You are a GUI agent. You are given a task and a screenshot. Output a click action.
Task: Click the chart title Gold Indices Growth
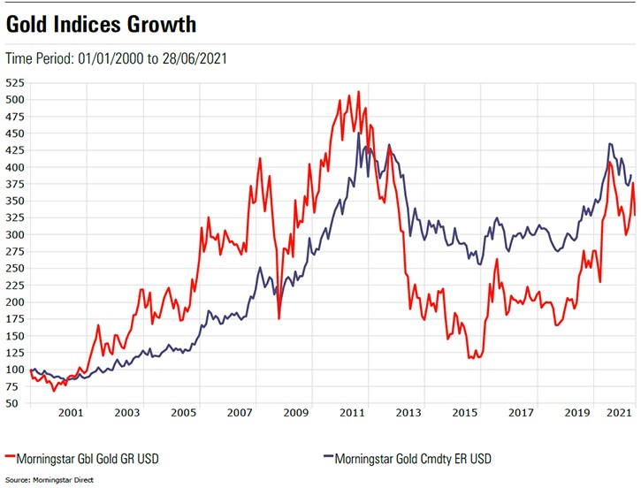(x=102, y=23)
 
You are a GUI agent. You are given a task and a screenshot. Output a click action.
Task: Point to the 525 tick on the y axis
(x=15, y=83)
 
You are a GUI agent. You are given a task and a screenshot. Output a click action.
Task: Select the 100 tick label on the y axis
(x=15, y=370)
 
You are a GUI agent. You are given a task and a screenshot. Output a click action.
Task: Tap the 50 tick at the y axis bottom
(x=18, y=403)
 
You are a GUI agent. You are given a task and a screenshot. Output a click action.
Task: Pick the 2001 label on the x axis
(x=71, y=413)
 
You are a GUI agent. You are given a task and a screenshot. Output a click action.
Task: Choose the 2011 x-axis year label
(x=354, y=413)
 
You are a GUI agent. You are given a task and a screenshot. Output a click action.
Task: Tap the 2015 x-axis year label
(x=467, y=413)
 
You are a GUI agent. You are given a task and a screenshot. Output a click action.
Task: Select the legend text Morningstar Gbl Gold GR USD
(x=89, y=458)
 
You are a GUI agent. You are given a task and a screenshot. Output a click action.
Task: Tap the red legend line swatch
(x=11, y=458)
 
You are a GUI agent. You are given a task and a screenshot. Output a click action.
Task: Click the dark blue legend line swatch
(x=325, y=458)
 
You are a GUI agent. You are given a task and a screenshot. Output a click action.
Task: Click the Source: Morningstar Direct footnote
(x=49, y=480)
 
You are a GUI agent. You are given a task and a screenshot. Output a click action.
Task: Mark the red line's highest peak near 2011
(x=358, y=91)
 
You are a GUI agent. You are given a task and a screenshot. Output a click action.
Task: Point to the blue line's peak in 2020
(x=609, y=143)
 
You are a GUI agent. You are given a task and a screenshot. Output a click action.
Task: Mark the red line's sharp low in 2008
(x=279, y=317)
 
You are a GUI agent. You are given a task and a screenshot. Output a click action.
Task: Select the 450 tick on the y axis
(x=15, y=133)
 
